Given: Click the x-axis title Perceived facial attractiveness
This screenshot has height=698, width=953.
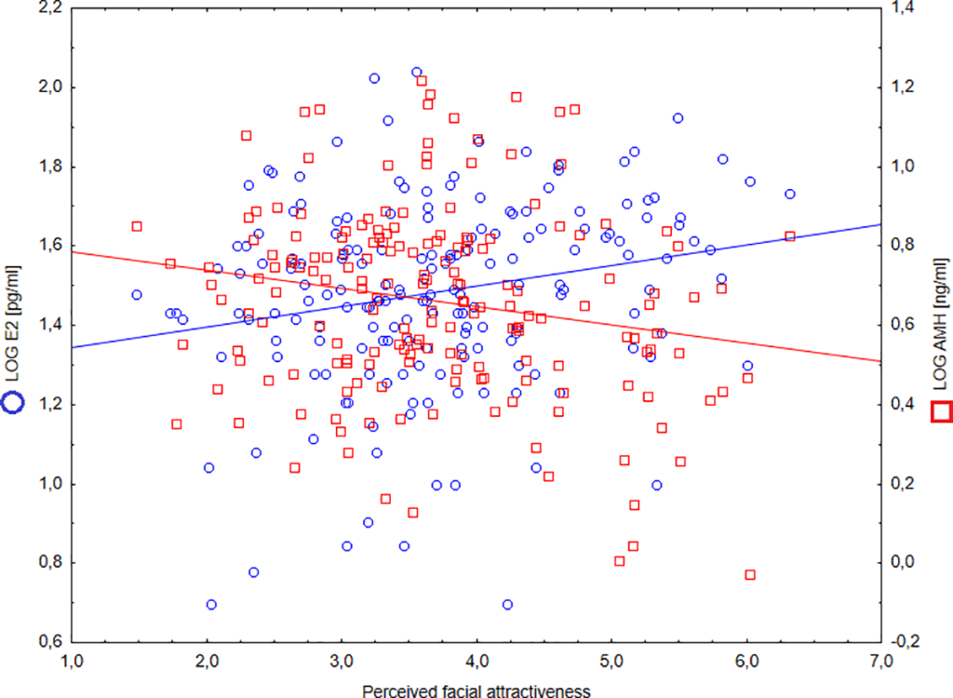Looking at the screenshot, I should click(476, 690).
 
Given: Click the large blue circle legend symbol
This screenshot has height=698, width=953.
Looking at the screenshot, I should click(15, 403).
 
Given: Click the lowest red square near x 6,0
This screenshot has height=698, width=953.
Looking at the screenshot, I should click(750, 575).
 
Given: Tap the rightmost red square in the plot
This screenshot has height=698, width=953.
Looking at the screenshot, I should click(790, 236).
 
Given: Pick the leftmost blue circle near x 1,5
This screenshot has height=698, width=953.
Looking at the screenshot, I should click(137, 294).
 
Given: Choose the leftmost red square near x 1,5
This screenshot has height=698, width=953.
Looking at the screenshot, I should click(137, 226).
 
